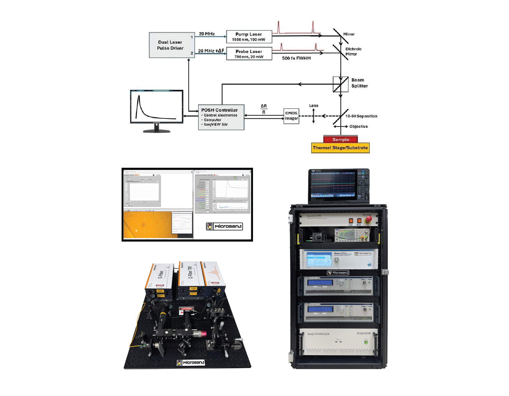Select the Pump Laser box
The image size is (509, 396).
[x=249, y=37]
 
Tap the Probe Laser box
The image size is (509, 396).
[x=249, y=54]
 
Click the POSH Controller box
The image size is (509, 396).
[x=221, y=117]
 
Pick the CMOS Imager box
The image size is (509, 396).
[x=291, y=116]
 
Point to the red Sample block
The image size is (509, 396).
[x=340, y=139]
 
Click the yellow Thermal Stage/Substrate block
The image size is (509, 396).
[x=340, y=148]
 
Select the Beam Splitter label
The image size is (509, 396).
[x=359, y=83]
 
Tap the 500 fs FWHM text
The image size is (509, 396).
[x=296, y=58]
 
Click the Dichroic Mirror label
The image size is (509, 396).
[x=353, y=51]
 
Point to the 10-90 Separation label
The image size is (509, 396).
[x=361, y=116]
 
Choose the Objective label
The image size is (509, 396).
[x=359, y=126]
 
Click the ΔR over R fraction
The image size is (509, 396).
[x=264, y=109]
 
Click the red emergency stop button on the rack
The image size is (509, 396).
[x=368, y=219]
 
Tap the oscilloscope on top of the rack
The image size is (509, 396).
[x=339, y=185]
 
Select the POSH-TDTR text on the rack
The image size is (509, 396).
[x=364, y=334]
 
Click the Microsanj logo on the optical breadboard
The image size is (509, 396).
[x=191, y=363]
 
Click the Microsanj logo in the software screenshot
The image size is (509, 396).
[x=224, y=226]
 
